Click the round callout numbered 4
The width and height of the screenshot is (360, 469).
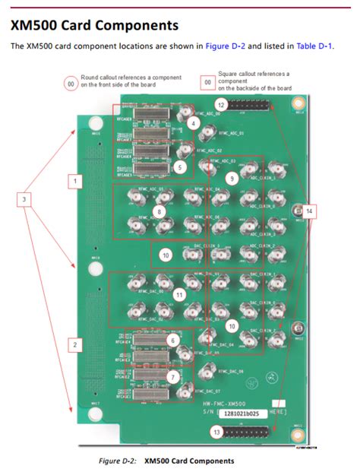pyautogui.click(x=194, y=123)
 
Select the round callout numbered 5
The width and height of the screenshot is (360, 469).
pyautogui.click(x=179, y=166)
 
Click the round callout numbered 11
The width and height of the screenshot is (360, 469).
pyautogui.click(x=179, y=293)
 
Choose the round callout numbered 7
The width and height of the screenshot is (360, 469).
pyautogui.click(x=173, y=376)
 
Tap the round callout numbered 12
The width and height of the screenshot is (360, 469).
pyautogui.click(x=221, y=103)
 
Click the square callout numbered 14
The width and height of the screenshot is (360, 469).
pyautogui.click(x=309, y=212)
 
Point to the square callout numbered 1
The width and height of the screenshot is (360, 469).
pyautogui.click(x=74, y=181)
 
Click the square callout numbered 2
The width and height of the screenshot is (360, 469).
pyautogui.click(x=74, y=344)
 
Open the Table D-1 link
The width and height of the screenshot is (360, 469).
pyautogui.click(x=314, y=46)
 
